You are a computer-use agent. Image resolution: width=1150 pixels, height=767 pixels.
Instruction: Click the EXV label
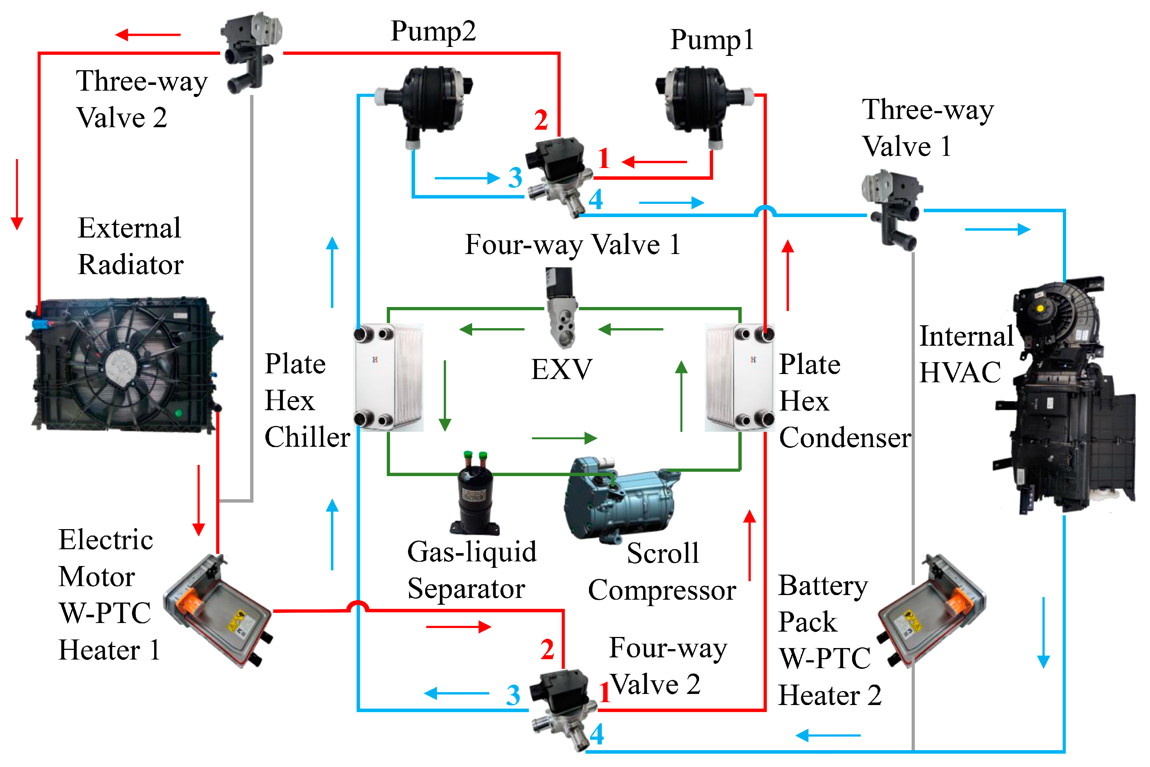coord(562,369)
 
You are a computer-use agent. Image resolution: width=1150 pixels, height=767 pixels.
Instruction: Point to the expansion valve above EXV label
coord(561,308)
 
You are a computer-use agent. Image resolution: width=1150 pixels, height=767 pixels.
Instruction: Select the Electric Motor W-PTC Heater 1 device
coord(218,612)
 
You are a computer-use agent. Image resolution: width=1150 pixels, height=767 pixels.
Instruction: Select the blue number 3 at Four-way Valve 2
coord(513,695)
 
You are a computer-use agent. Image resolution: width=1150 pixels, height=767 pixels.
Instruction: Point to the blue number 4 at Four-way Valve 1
coord(595,200)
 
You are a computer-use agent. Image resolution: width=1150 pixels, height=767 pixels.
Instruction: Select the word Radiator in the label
coord(130,265)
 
